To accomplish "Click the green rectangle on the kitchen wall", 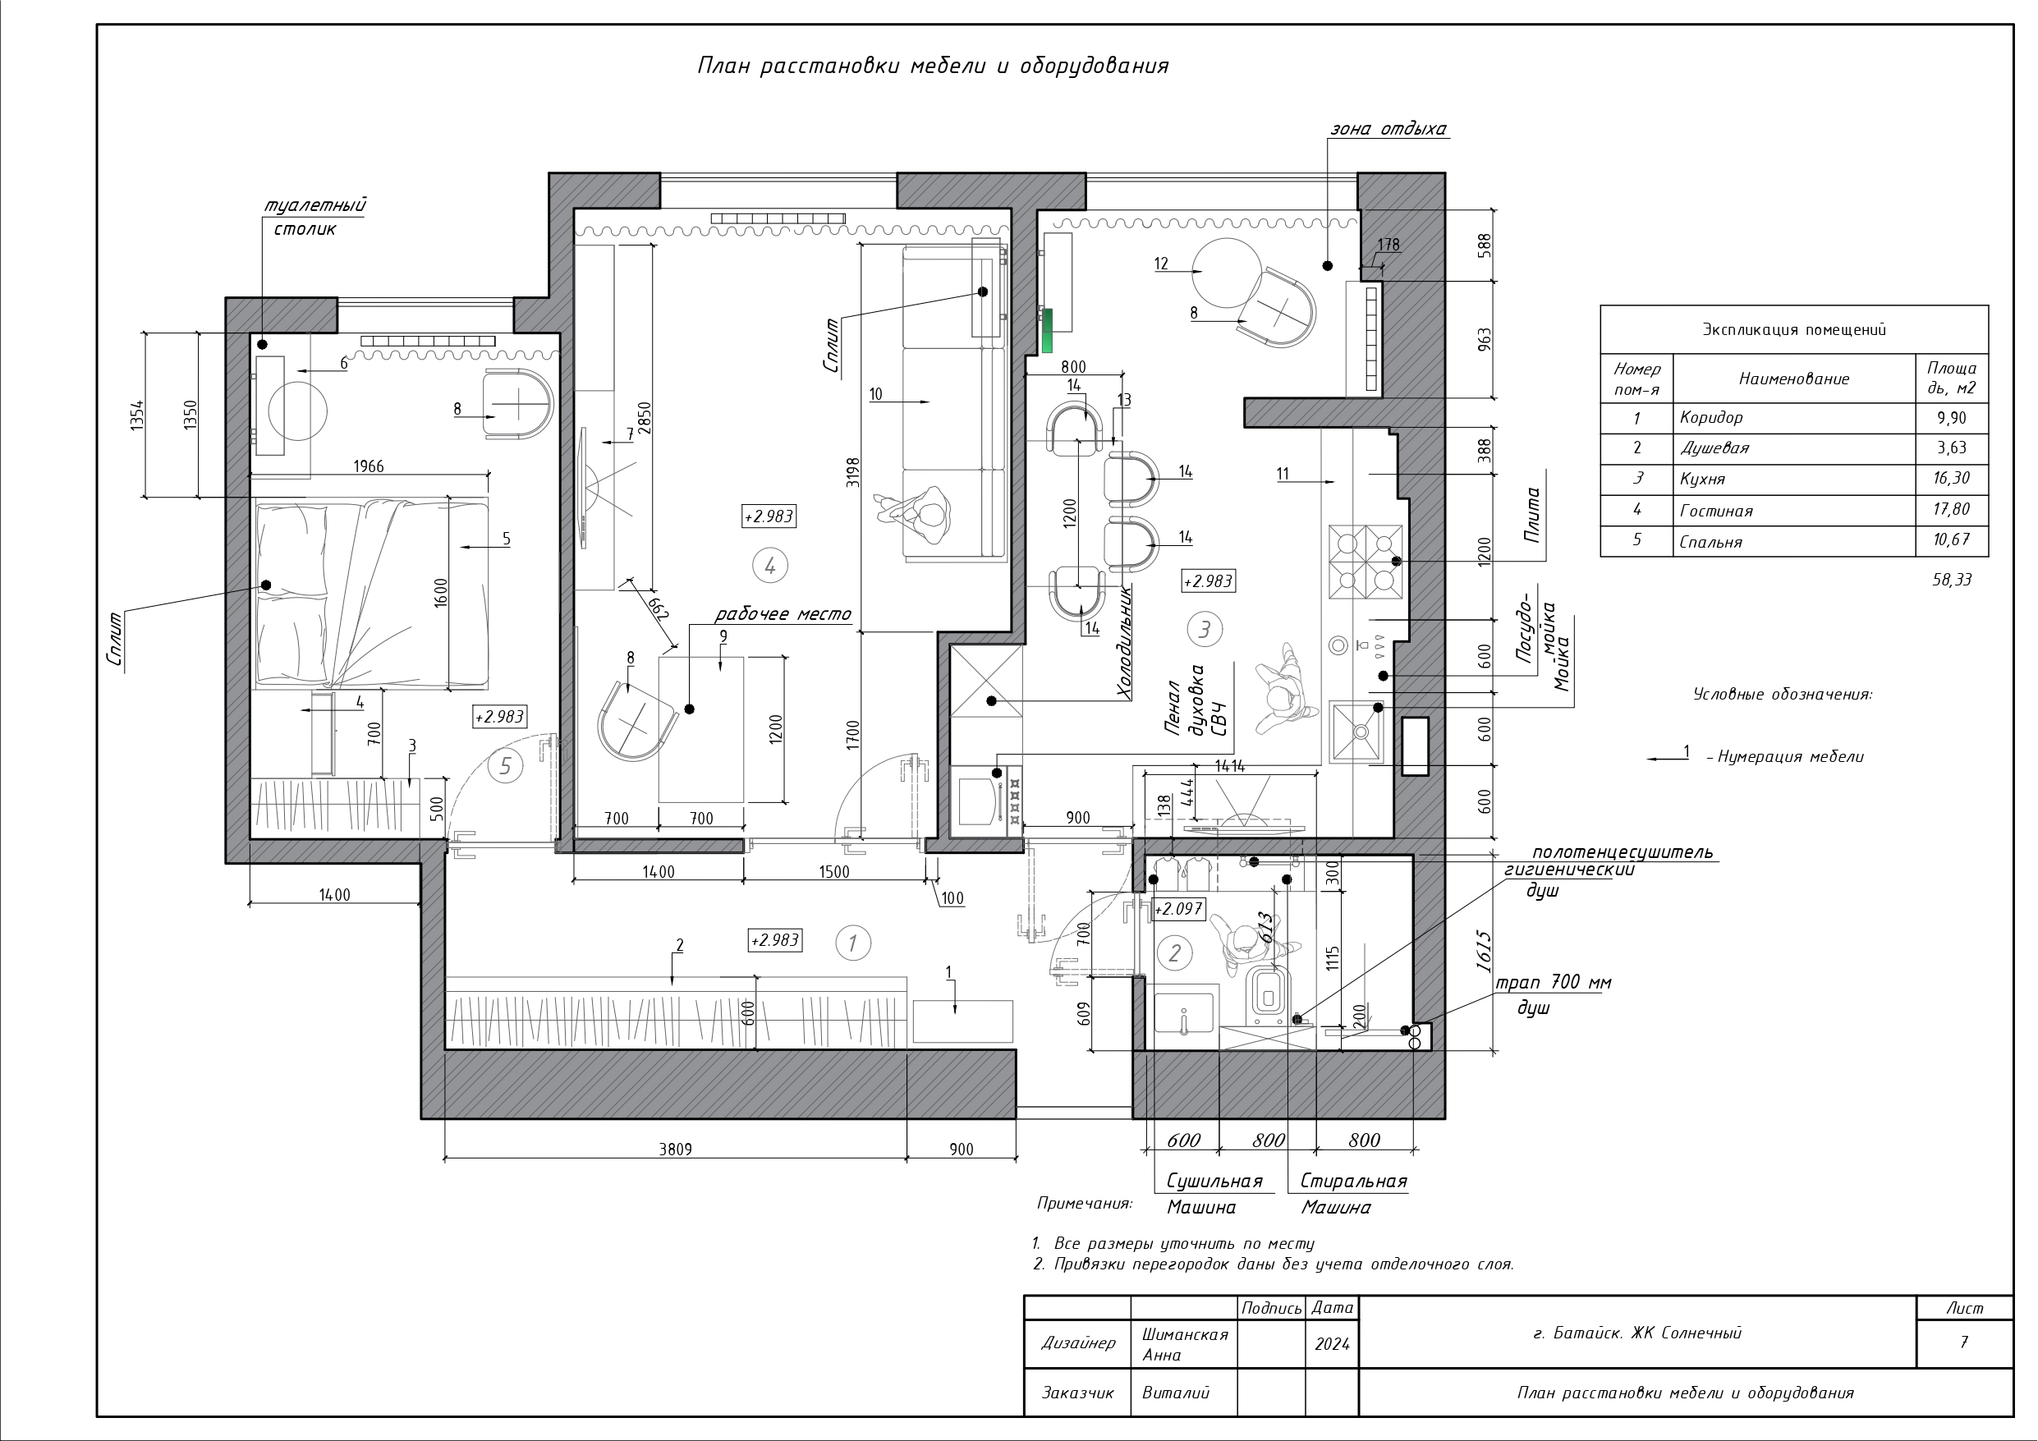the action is point(1048,330).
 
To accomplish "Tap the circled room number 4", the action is point(769,566).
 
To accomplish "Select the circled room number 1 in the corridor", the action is point(853,942).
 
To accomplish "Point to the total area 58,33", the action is point(1952,580).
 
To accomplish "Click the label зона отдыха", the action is point(1388,129).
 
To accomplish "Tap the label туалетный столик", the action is point(314,217).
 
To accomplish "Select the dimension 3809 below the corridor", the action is point(675,1149).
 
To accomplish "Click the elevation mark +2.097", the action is point(1178,908).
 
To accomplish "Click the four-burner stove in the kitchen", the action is point(1366,561).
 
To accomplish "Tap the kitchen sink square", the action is point(1356,732).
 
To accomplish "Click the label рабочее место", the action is point(783,614).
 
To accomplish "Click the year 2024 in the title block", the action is point(1332,1344).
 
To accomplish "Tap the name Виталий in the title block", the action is point(1176,1393).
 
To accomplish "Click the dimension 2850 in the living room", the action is point(645,417).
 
